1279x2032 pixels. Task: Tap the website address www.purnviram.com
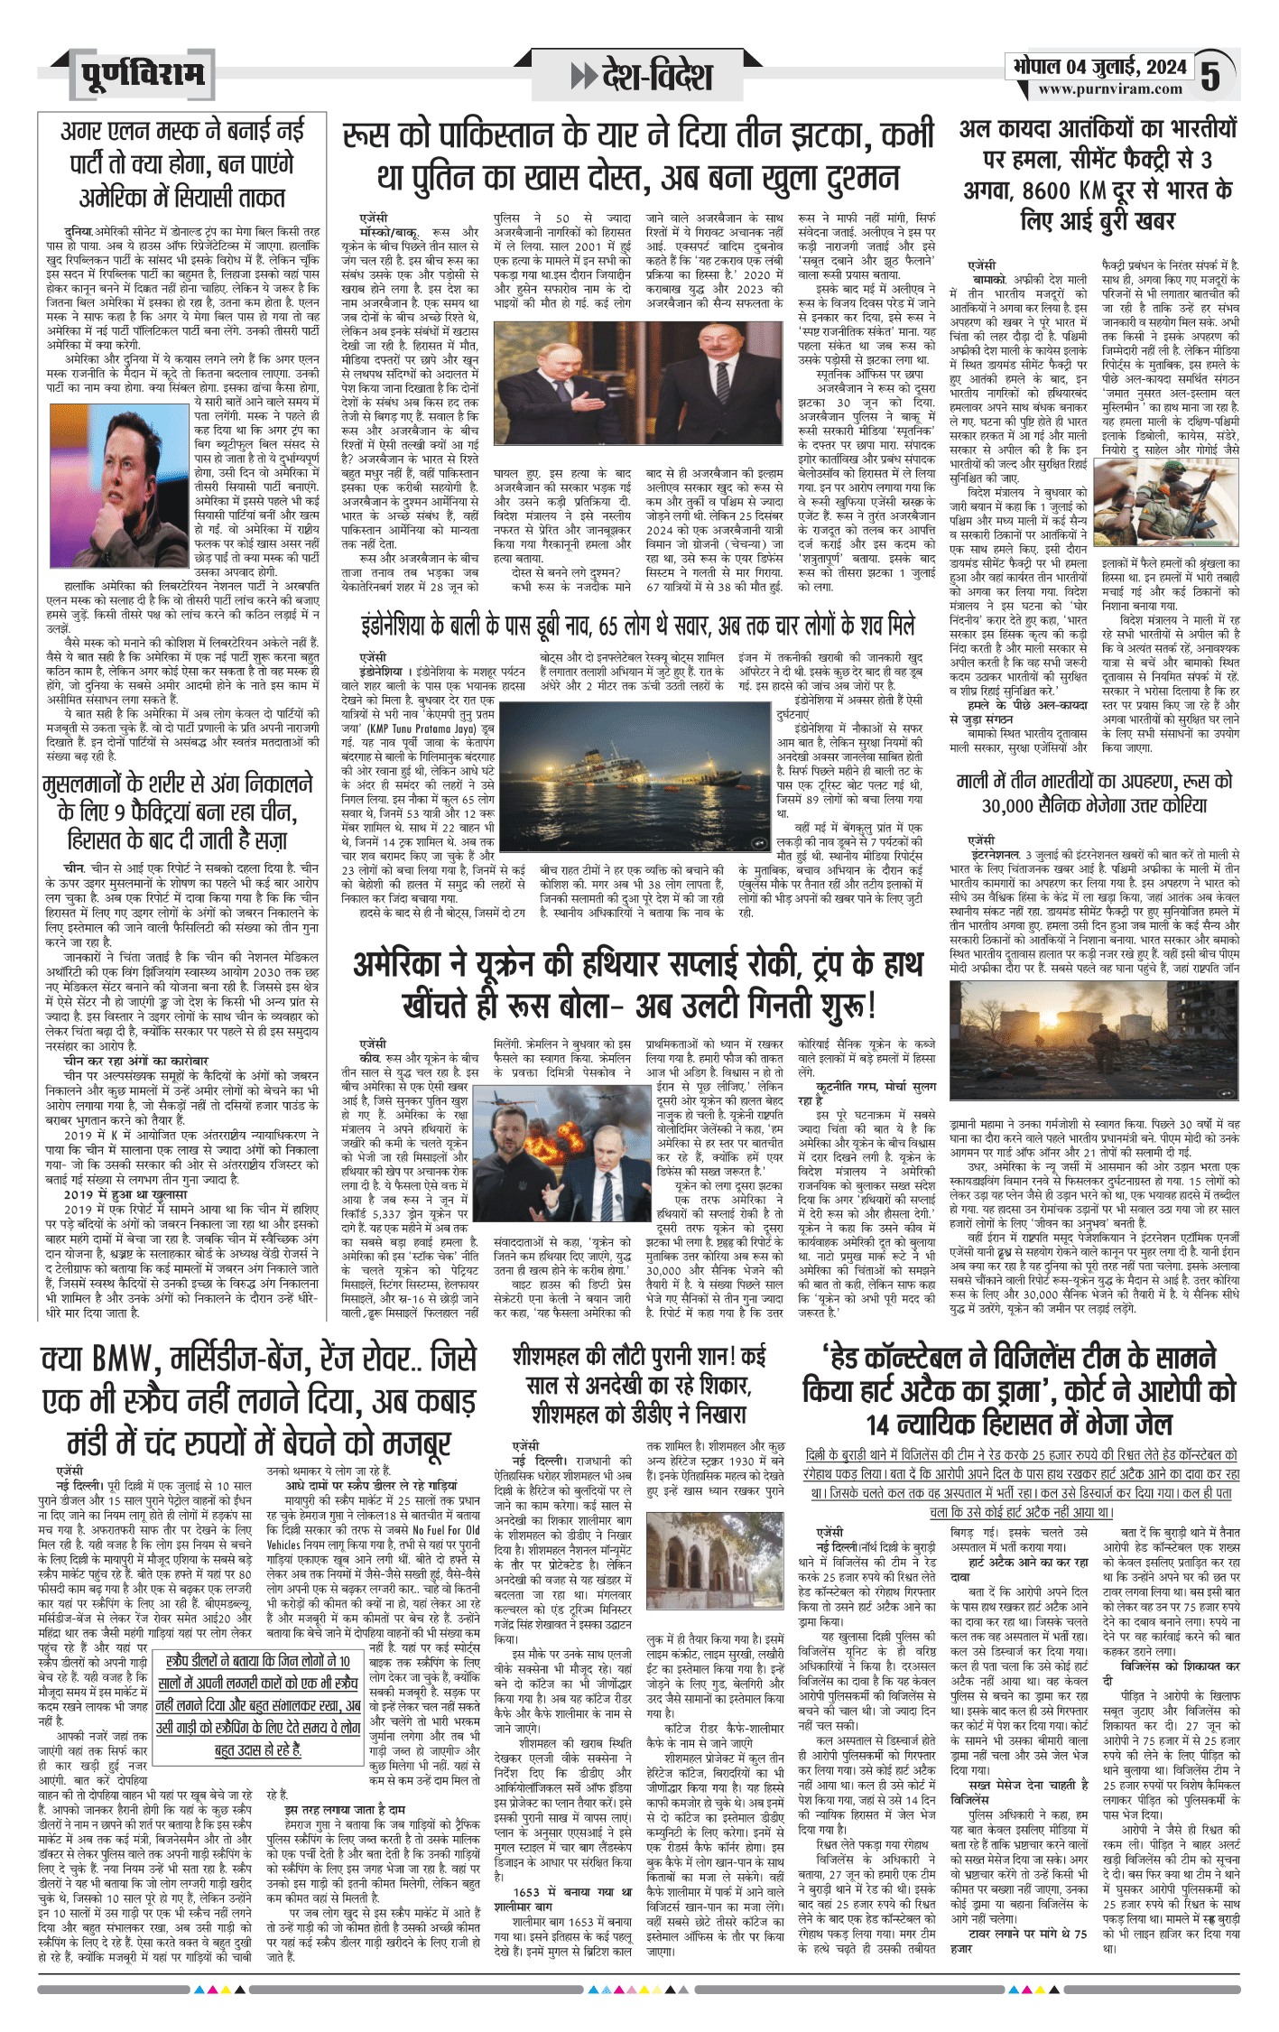(x=1109, y=89)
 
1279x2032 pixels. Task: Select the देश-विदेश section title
(x=656, y=76)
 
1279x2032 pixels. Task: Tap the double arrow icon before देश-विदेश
(x=583, y=76)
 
